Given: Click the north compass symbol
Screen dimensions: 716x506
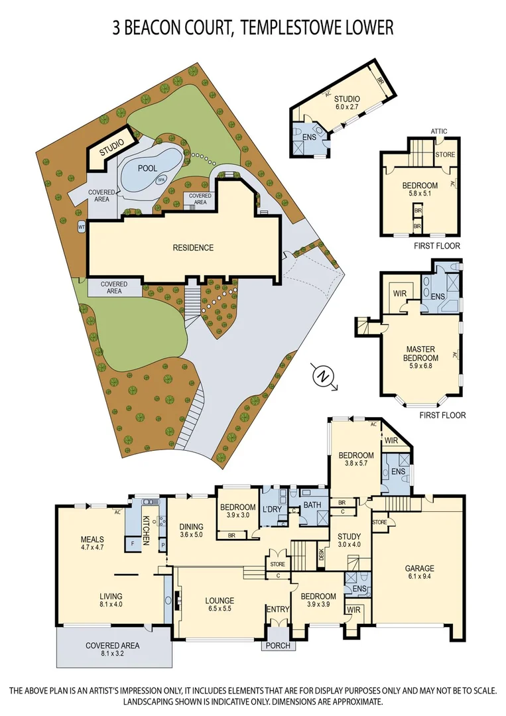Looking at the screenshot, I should (323, 377).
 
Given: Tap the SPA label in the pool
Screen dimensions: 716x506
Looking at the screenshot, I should (161, 180).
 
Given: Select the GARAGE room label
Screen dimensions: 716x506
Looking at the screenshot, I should (420, 568).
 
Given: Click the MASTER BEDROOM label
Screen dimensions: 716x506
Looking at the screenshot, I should (422, 354).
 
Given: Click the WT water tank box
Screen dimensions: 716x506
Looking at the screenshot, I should (82, 227).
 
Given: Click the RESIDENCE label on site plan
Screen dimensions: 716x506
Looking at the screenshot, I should (193, 248).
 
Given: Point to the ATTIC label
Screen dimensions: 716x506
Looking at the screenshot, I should (438, 131).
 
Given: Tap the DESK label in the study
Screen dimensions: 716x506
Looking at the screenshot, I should (322, 554).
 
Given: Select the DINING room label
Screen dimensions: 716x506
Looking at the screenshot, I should (192, 527).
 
